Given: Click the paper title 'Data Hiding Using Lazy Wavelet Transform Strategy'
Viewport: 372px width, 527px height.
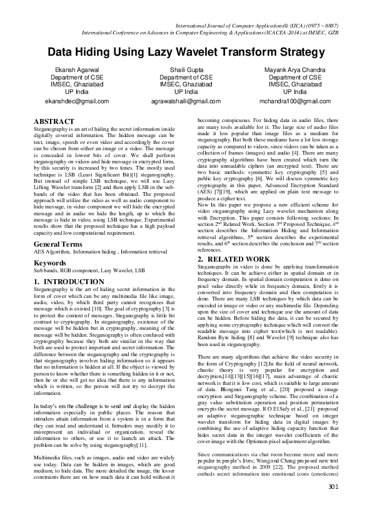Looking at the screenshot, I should [186, 52].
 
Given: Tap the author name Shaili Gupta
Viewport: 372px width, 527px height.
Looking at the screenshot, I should [186, 69].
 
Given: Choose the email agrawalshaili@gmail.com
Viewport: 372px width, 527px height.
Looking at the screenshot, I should [186, 101].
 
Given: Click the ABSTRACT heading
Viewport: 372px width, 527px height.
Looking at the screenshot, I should [54, 121].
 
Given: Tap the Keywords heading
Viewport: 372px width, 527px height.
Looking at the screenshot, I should [51, 263].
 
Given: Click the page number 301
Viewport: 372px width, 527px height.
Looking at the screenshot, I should [332, 504].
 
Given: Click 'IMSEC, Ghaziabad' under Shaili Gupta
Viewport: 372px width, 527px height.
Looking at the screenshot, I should [186, 84].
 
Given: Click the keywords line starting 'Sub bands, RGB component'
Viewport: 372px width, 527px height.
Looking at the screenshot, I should [89, 271].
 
